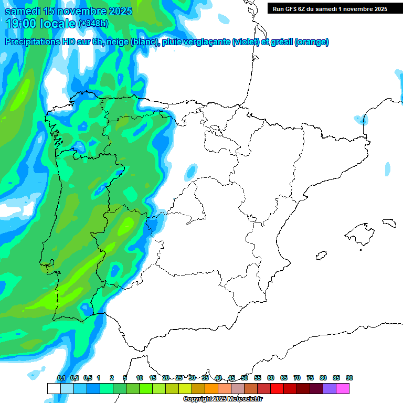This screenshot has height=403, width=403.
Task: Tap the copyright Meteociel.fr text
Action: pyautogui.click(x=223, y=399)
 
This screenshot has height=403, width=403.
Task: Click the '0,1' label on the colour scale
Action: pyautogui.click(x=61, y=378)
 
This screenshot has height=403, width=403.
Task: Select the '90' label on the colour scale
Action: pyautogui.click(x=349, y=378)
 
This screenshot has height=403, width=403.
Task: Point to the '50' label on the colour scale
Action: pyautogui.click(x=245, y=378)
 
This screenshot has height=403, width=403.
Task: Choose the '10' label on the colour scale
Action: pyautogui.click(x=140, y=378)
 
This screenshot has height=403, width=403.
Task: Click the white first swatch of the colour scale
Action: pyautogui.click(x=54, y=388)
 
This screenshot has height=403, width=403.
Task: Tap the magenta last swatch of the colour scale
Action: pyautogui.click(x=343, y=388)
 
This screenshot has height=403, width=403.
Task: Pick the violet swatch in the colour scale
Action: pyautogui.click(x=330, y=388)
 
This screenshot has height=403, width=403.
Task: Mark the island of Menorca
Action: pyautogui.click(x=389, y=222)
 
